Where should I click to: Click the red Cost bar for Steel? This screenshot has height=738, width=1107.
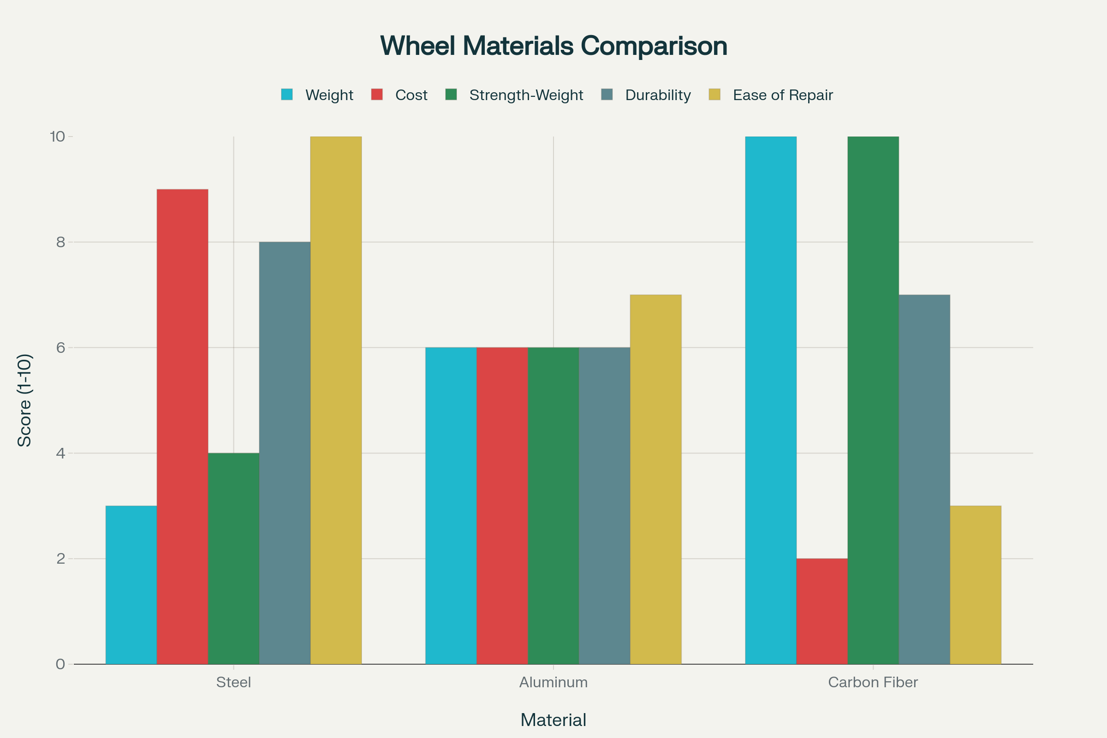182,426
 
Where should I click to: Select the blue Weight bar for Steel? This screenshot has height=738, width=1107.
131,584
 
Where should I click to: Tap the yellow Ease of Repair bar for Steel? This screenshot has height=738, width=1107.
336,400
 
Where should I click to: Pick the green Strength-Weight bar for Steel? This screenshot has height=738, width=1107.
233,558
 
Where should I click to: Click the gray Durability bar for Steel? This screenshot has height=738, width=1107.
284,453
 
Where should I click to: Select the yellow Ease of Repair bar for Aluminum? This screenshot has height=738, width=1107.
655,479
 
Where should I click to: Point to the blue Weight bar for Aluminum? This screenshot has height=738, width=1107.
451,506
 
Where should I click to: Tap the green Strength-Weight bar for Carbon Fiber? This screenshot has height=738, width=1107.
873,400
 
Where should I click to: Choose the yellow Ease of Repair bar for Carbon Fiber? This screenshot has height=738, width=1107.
975,584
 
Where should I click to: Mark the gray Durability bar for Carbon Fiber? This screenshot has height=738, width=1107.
924,479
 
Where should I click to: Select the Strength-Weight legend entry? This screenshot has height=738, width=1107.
526,95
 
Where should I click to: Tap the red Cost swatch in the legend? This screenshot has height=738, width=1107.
376,95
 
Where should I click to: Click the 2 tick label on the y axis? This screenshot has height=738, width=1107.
60,559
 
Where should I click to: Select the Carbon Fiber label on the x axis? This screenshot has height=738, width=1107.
873,682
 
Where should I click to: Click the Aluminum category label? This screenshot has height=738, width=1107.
553,682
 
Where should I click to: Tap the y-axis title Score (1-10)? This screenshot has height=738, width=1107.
24,400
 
